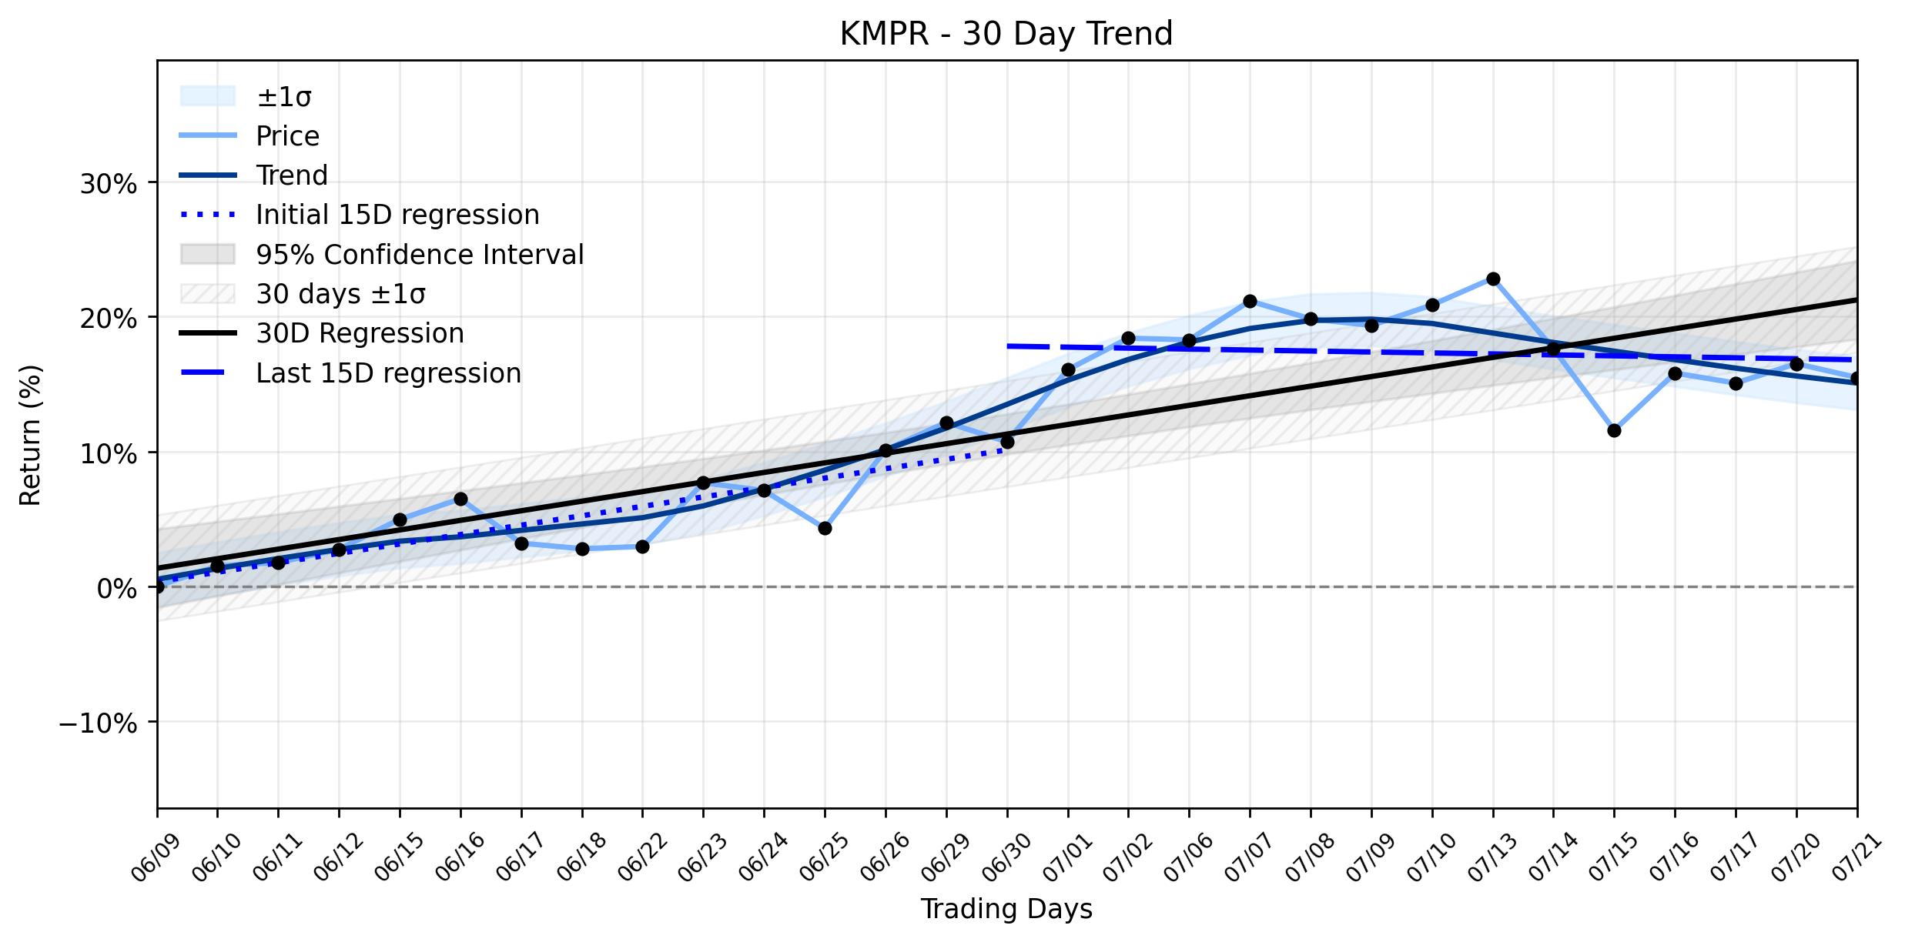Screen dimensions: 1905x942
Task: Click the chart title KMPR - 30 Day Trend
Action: (1006, 34)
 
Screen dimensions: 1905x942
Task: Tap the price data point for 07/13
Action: (1493, 279)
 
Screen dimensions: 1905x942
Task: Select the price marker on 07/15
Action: (1614, 430)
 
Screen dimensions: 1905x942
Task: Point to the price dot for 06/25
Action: (825, 528)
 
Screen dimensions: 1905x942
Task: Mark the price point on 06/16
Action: (460, 499)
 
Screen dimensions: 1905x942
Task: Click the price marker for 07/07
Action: (1250, 301)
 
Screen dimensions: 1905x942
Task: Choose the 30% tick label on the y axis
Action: (109, 184)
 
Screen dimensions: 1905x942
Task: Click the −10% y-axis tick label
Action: (98, 723)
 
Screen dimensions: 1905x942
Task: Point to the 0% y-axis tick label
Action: (118, 589)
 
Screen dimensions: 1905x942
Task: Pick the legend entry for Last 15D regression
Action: (350, 373)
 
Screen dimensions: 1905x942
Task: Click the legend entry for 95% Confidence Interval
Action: (382, 255)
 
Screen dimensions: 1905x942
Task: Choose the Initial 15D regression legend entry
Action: (360, 215)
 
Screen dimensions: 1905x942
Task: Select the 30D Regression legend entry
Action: (322, 333)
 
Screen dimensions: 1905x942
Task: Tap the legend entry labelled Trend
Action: (253, 175)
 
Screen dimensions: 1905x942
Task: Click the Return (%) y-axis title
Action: (30, 436)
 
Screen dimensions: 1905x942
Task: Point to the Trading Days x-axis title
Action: (1006, 909)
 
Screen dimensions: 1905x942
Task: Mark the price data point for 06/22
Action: (642, 546)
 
